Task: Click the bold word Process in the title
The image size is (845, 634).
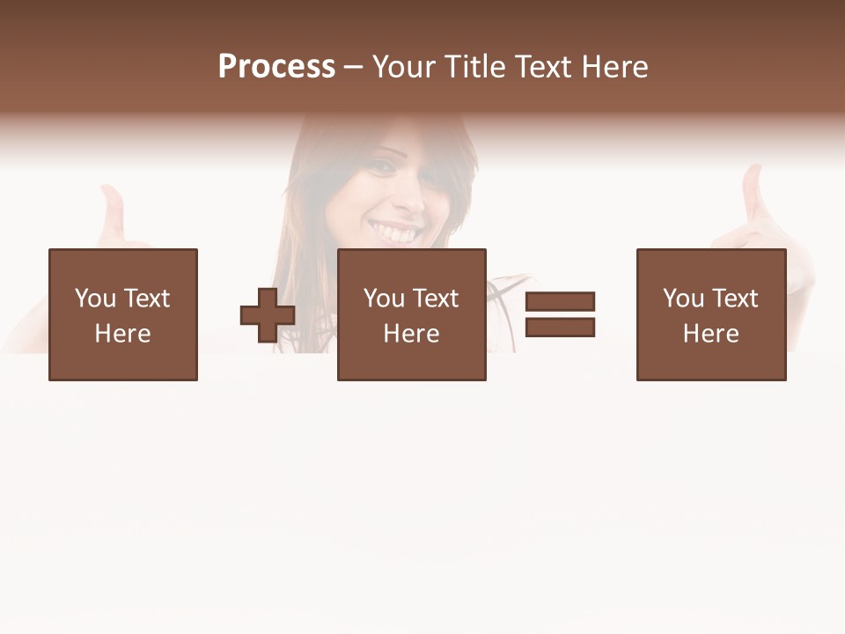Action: [276, 67]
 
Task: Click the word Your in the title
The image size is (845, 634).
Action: [406, 67]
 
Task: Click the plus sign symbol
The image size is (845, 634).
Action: [268, 315]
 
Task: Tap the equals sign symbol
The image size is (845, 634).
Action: [560, 314]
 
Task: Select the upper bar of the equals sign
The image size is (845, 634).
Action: [560, 302]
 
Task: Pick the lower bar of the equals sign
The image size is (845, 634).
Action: [560, 328]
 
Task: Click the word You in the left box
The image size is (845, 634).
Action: [95, 299]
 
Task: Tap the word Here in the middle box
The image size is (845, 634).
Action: [412, 334]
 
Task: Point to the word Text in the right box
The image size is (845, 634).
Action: [735, 299]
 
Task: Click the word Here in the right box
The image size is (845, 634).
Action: [711, 334]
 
